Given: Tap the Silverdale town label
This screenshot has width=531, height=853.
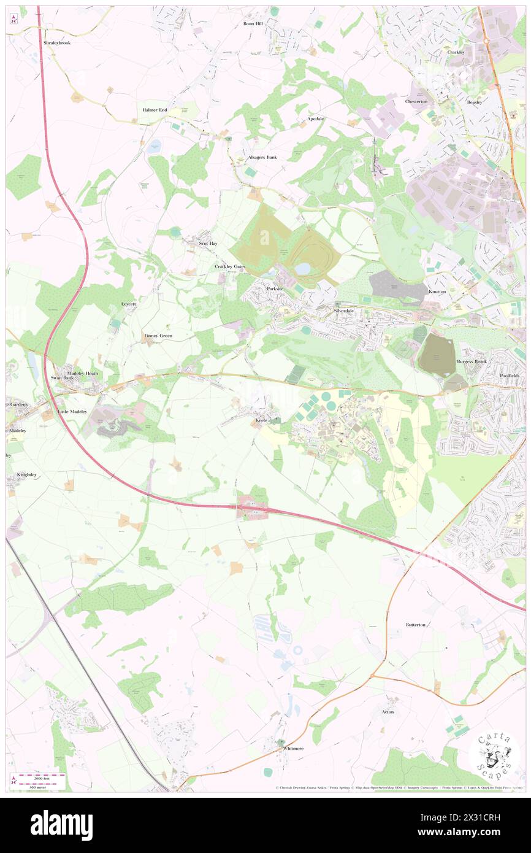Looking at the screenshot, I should click(x=344, y=311).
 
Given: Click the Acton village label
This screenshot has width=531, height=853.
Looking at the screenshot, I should click(x=388, y=712).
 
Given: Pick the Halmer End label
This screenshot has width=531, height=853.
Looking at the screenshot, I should click(x=155, y=110).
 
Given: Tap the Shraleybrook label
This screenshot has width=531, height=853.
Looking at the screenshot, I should click(x=58, y=44).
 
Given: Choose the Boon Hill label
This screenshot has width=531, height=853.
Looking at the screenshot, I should click(x=253, y=23).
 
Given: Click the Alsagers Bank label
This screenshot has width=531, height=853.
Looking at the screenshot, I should click(x=262, y=157).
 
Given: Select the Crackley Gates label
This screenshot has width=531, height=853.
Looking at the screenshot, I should click(x=230, y=266).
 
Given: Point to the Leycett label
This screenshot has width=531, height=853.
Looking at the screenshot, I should click(x=128, y=304).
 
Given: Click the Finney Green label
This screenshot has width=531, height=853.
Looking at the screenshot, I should click(x=158, y=336).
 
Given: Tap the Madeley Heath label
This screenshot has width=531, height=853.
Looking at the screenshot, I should click(x=83, y=373).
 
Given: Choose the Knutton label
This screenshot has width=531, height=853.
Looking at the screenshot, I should click(x=438, y=291).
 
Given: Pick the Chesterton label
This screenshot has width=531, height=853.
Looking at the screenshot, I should click(x=416, y=101).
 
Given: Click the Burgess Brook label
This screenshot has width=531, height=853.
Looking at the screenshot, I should click(x=472, y=361).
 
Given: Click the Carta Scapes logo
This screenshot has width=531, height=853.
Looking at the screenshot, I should click(x=494, y=755).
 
